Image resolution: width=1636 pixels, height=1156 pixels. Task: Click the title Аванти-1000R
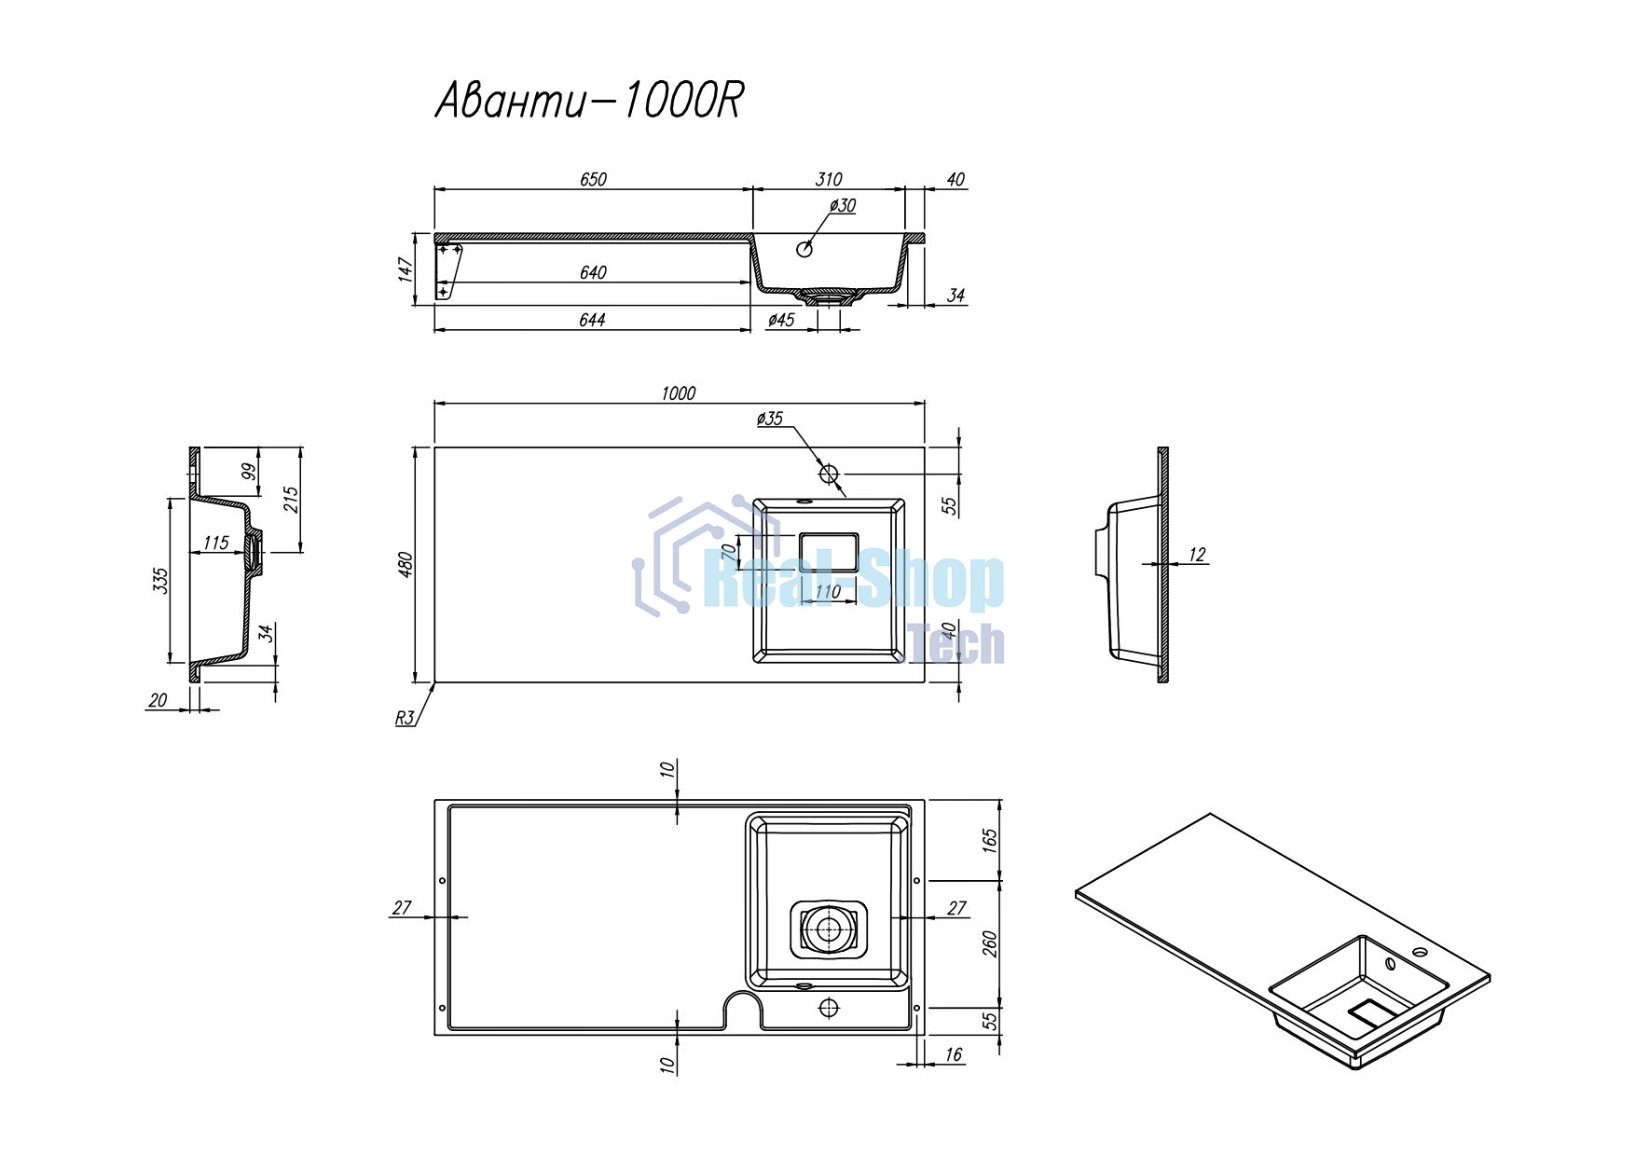click(589, 101)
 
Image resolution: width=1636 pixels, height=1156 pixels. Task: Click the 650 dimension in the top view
click(593, 179)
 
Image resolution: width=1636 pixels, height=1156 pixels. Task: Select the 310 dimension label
click(828, 179)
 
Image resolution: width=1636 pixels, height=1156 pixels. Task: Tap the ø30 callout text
click(842, 205)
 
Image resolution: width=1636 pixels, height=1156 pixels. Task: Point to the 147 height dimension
click(406, 269)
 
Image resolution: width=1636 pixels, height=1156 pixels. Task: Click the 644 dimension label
click(592, 320)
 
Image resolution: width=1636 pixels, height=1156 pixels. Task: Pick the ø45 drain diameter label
click(781, 320)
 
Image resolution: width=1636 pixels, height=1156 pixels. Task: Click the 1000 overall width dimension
click(678, 393)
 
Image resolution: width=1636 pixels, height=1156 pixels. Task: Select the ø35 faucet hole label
click(770, 419)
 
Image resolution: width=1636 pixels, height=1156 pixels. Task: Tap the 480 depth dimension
click(406, 565)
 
